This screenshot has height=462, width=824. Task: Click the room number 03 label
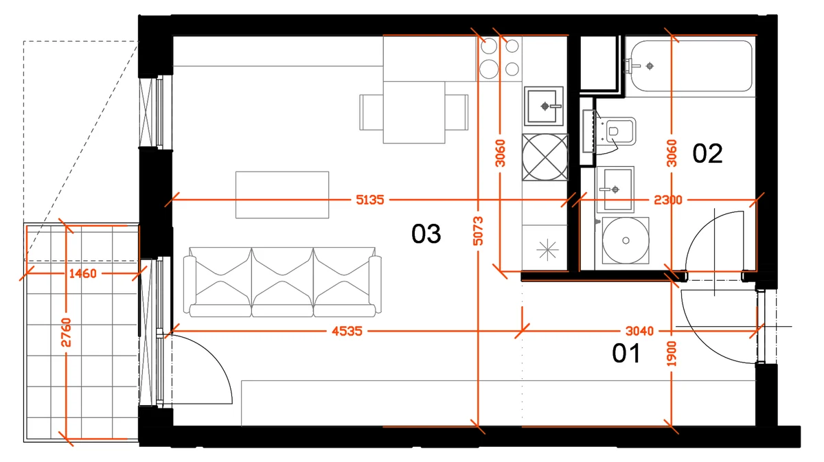(426, 234)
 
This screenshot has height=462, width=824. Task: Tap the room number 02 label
(707, 153)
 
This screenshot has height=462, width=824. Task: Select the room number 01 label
(626, 353)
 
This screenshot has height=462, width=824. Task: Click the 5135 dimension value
(369, 200)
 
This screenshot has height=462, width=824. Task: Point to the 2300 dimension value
(668, 200)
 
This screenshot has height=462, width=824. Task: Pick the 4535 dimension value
(347, 331)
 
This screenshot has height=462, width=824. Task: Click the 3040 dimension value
(639, 331)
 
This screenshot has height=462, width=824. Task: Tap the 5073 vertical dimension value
(478, 231)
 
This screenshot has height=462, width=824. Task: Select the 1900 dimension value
(672, 354)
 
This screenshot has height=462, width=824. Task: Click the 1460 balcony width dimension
(83, 273)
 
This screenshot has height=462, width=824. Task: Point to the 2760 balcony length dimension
(66, 332)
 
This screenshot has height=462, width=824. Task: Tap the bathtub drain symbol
(650, 66)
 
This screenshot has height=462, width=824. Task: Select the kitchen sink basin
(544, 106)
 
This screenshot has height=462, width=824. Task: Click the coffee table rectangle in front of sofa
(282, 195)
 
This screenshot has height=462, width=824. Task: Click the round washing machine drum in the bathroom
(626, 240)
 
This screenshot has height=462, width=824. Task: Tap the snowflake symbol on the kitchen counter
(547, 249)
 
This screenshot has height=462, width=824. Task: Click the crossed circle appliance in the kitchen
(545, 157)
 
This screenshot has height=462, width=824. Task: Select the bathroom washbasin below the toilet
(615, 189)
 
